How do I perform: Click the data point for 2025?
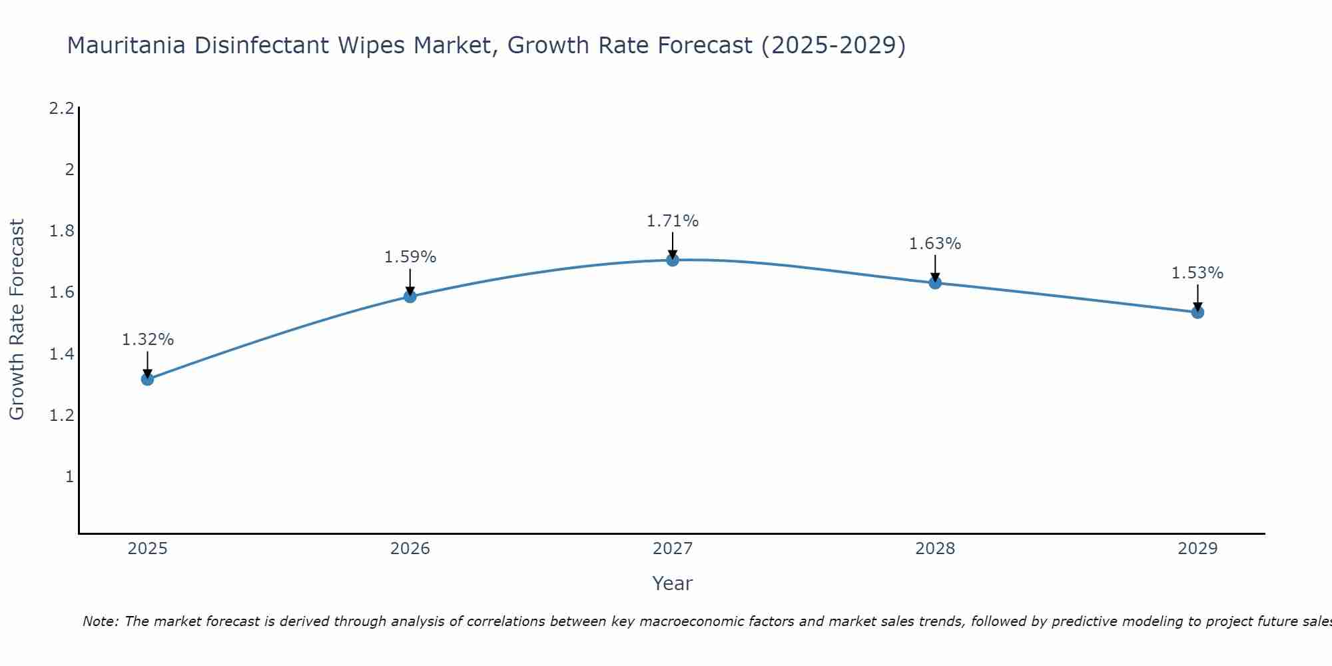[147, 380]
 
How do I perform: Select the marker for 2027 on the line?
[673, 260]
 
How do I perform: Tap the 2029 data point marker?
[1197, 312]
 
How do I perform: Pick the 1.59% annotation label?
[410, 257]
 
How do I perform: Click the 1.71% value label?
[673, 221]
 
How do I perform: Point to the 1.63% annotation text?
[935, 244]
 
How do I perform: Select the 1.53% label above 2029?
[1197, 273]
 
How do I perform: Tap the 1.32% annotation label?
[147, 340]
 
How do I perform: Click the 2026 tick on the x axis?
[410, 549]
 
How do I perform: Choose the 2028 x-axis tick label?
[935, 549]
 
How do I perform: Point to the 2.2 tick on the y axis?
[62, 109]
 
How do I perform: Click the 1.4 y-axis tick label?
[62, 354]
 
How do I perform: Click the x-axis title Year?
[673, 584]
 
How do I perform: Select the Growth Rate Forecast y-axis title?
[17, 320]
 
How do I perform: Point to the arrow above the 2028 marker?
[935, 268]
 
